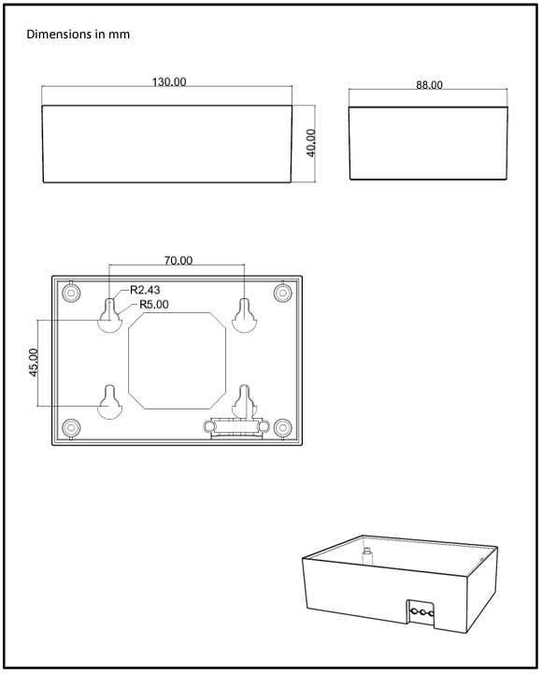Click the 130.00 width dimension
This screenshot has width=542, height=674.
click(169, 82)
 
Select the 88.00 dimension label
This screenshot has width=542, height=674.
click(429, 85)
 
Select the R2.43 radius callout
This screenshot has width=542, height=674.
click(145, 290)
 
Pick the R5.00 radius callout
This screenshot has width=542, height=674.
click(153, 304)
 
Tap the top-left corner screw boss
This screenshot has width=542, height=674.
click(70, 294)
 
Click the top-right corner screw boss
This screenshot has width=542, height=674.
click(282, 294)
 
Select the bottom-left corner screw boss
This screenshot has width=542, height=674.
click(70, 427)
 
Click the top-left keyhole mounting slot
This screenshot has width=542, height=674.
click(110, 318)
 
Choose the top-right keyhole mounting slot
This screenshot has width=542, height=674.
click(245, 318)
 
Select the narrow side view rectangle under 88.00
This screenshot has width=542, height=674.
click(429, 142)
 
